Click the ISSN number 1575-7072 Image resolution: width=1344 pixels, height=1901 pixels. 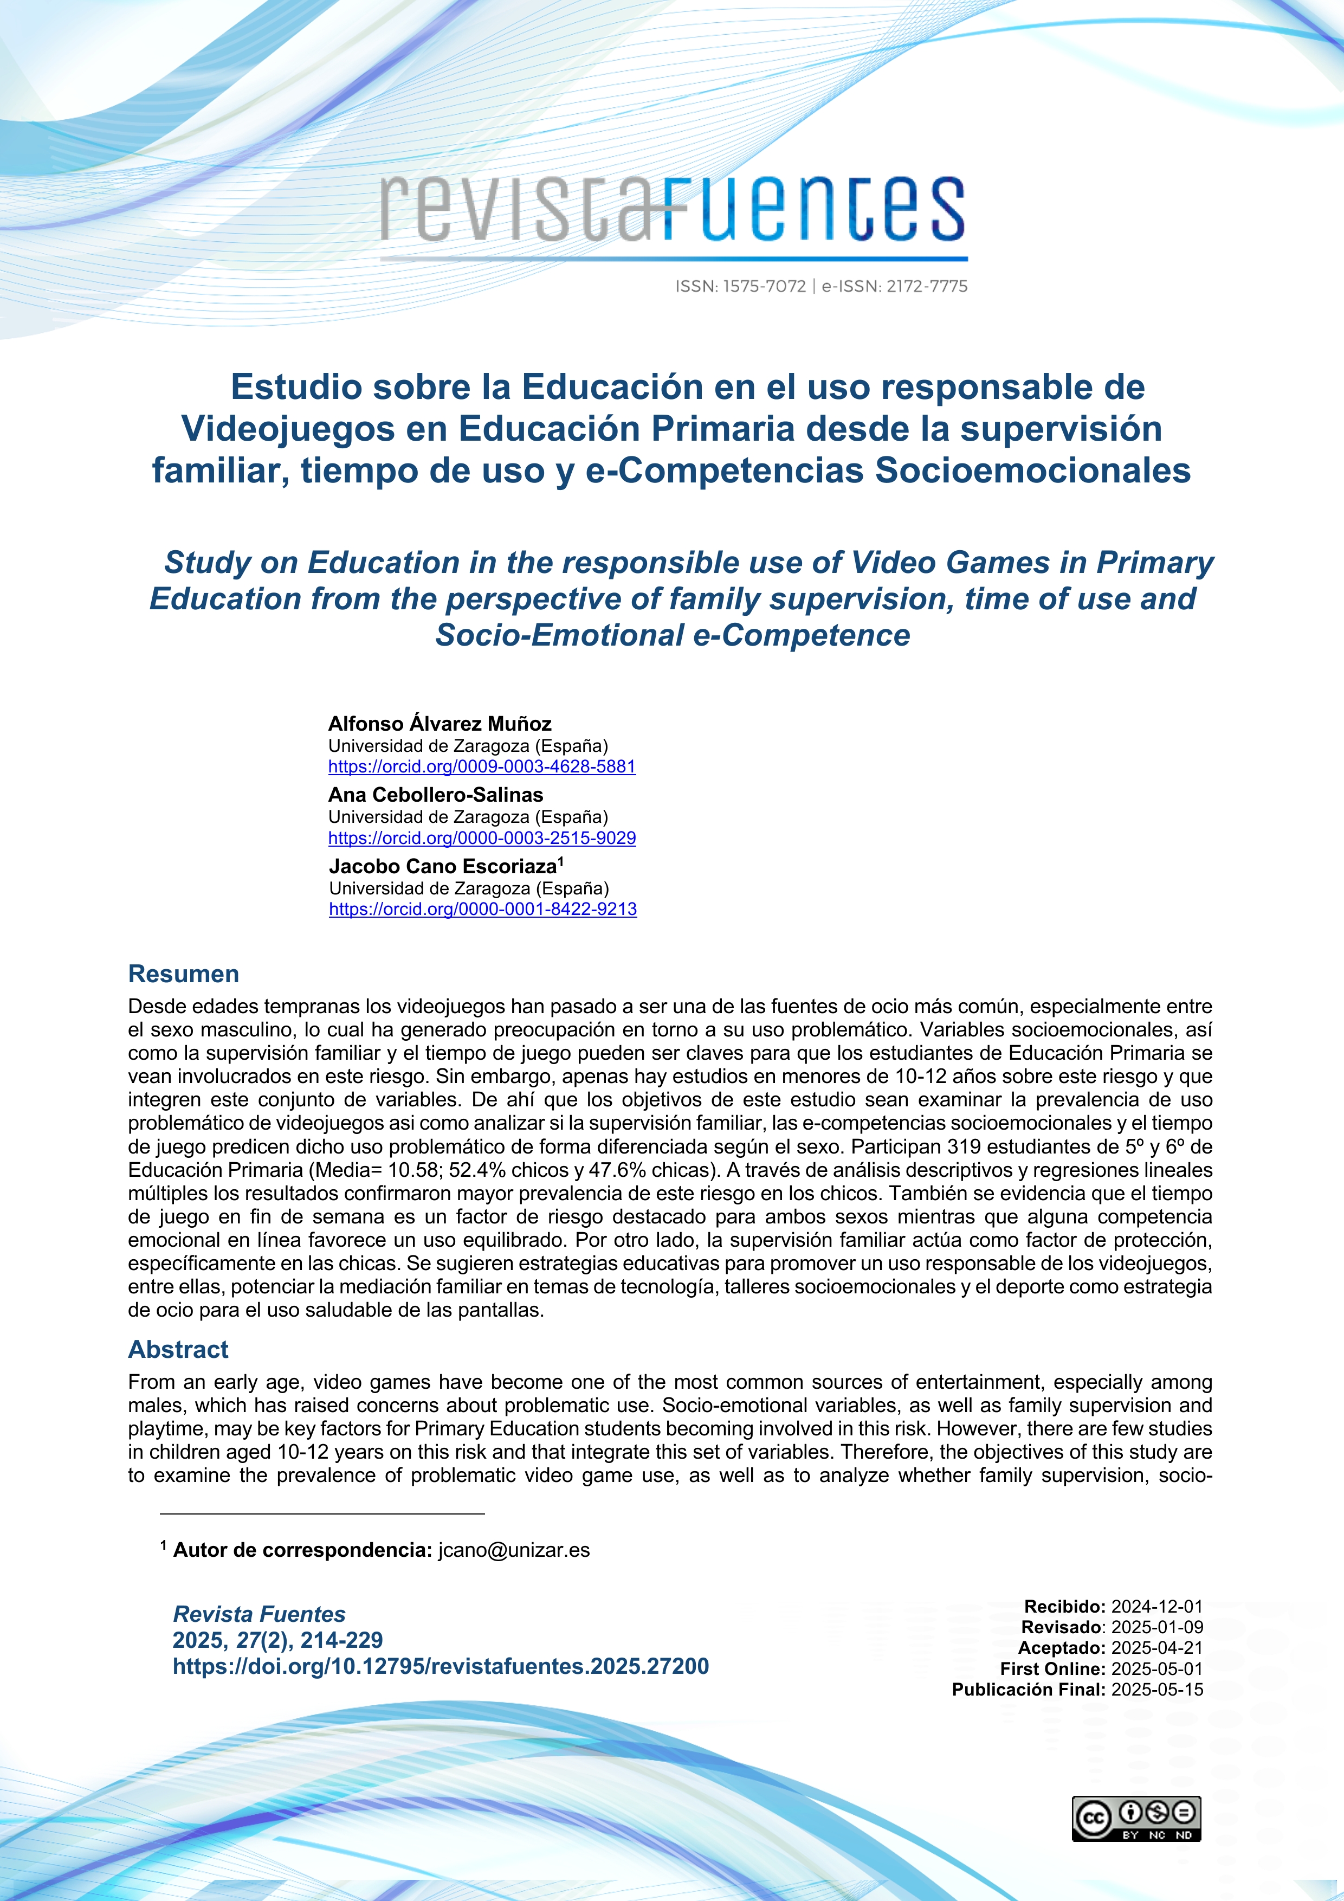[x=763, y=286]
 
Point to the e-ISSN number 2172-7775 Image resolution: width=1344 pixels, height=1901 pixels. [x=926, y=286]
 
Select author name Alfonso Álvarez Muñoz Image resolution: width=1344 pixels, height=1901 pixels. [x=440, y=724]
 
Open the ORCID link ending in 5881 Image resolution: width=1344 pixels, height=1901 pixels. [x=482, y=766]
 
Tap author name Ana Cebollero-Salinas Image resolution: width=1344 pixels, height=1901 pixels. [x=435, y=795]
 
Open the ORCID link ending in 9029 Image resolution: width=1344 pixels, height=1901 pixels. [x=482, y=838]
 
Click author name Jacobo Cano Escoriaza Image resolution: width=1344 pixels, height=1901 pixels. [x=443, y=867]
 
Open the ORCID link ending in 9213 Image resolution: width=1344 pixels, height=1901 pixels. [x=482, y=909]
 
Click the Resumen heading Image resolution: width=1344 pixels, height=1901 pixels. [x=184, y=974]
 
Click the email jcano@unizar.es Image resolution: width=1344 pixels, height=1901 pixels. [x=514, y=1550]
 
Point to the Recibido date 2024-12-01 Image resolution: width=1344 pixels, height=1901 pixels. [x=1156, y=1606]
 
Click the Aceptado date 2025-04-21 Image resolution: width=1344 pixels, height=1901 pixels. [x=1156, y=1648]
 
